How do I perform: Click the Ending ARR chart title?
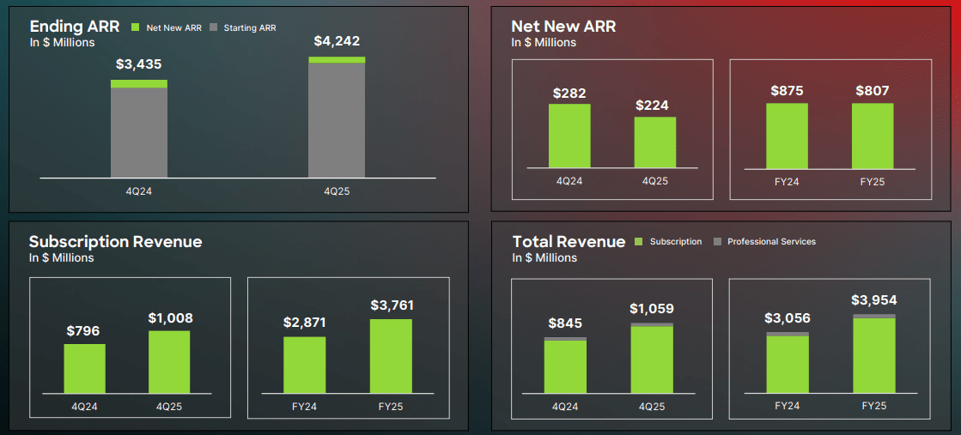point(74,27)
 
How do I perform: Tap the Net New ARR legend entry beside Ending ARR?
point(168,28)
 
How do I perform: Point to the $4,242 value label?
point(337,40)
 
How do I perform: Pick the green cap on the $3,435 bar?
point(139,83)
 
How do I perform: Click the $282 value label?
point(569,93)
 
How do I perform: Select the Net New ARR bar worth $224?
point(654,142)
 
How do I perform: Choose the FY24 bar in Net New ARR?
point(787,136)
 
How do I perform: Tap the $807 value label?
point(873,91)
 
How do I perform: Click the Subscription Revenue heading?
point(115,242)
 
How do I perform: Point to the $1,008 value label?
point(170,318)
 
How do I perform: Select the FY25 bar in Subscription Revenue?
point(391,356)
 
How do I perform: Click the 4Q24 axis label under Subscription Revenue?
point(85,407)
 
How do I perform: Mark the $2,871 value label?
point(306,323)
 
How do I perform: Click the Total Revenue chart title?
point(569,242)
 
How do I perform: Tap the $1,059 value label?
point(652,309)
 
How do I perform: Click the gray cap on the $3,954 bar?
point(874,317)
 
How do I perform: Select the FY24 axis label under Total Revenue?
point(788,406)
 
